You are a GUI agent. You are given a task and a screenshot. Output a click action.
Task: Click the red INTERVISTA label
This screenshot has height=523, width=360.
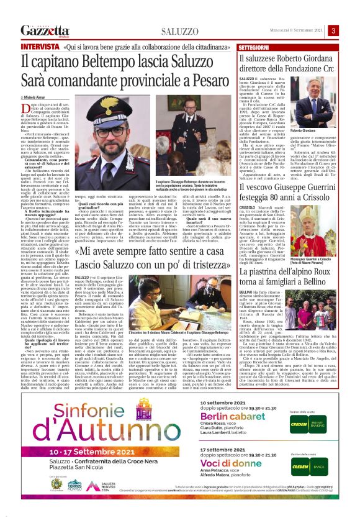coord(40,47)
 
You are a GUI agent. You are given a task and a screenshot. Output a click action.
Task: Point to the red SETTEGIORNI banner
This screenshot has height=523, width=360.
coord(254,47)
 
